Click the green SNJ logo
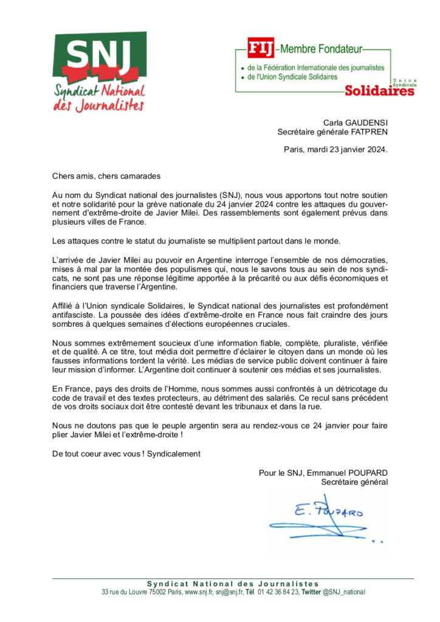(99, 71)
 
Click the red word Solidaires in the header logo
(379, 91)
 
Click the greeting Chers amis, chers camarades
(106, 176)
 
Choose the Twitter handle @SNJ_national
(344, 592)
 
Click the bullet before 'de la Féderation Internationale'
(242, 69)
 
